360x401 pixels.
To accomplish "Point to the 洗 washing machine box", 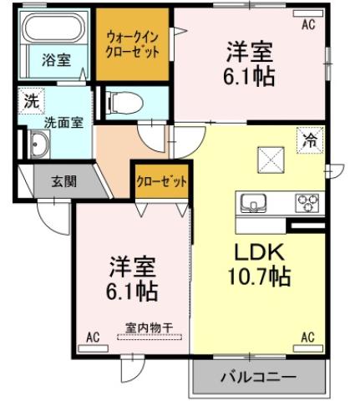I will (x=31, y=102).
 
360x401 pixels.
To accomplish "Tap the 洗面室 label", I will (x=40, y=121).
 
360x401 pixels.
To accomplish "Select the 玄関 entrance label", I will (x=63, y=180).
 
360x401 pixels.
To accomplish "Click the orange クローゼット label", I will (x=161, y=180).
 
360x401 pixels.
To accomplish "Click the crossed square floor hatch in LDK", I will (x=270, y=156).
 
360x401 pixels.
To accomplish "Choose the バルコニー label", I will (x=257, y=378).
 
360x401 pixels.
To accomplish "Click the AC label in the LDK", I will (x=307, y=337).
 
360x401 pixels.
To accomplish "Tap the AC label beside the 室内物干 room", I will (x=92, y=337).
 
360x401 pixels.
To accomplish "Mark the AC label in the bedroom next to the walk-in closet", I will (x=308, y=24).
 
